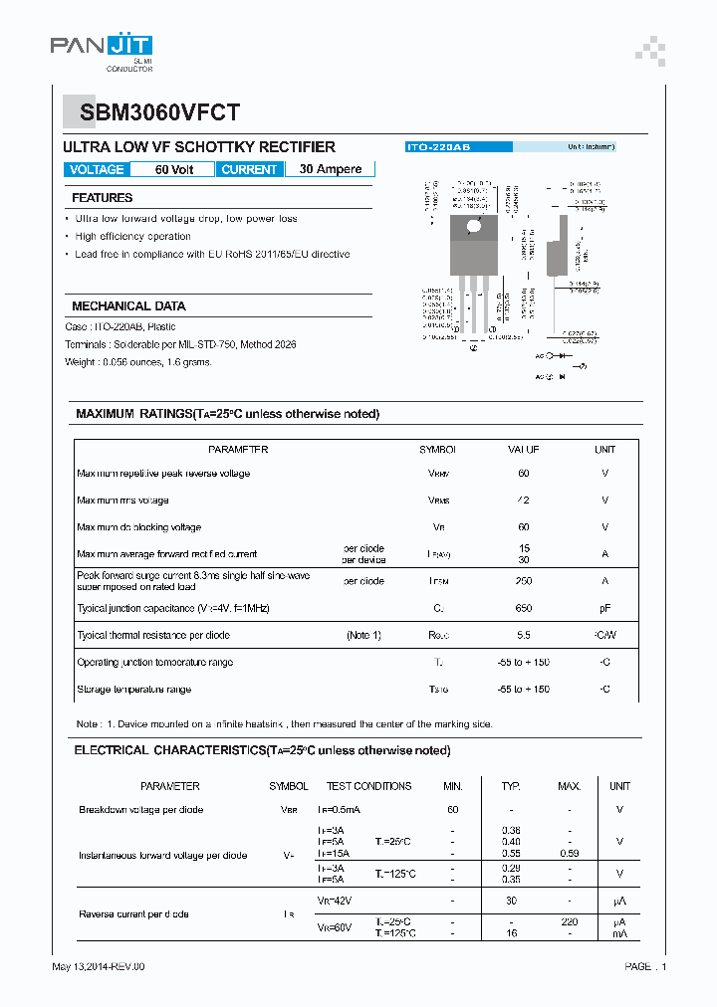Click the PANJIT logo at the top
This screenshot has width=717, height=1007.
[102, 46]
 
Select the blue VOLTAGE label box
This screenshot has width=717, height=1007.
[97, 169]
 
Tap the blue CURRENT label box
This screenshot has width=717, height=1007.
[249, 169]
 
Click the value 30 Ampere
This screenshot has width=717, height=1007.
[331, 169]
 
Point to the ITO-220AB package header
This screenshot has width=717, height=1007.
[439, 146]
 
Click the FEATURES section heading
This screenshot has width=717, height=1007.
[103, 198]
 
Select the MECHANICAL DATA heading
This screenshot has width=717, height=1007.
[128, 306]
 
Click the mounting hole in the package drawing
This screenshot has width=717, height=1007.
[474, 227]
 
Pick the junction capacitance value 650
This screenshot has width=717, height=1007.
[524, 608]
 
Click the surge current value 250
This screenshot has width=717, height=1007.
[524, 581]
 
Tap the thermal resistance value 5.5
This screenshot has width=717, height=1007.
[524, 635]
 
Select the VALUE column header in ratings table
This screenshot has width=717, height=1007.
[524, 450]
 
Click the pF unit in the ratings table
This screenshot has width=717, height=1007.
[604, 608]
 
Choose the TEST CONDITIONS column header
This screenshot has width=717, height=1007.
[368, 786]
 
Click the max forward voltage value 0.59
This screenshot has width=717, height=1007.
[570, 854]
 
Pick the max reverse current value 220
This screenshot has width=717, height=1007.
[570, 922]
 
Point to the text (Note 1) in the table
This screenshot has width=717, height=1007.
[363, 635]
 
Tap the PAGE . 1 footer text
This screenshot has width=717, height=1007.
[645, 966]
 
